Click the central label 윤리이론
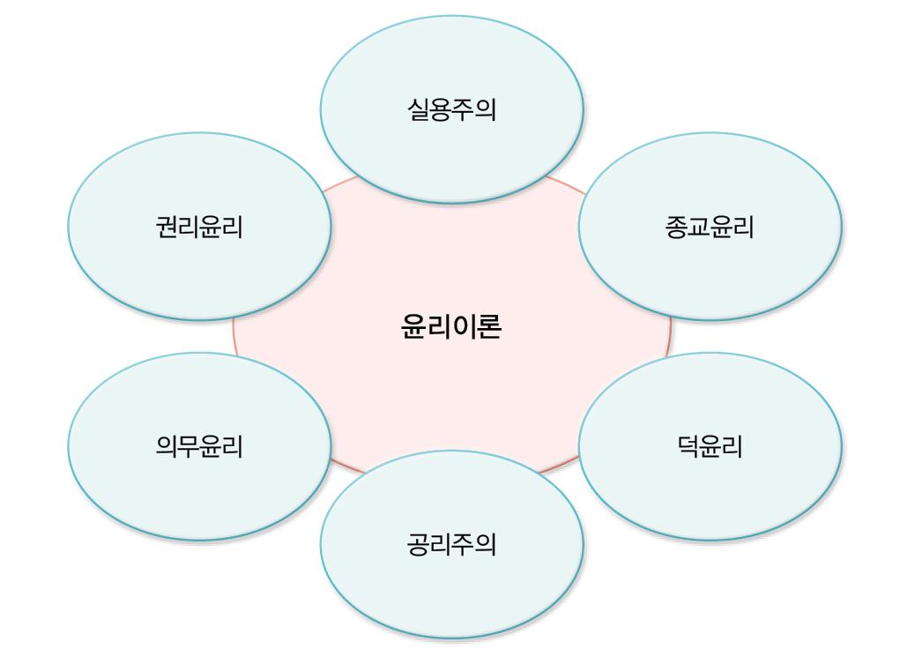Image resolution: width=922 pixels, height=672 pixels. tap(451, 326)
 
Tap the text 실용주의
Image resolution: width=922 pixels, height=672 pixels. tap(451, 109)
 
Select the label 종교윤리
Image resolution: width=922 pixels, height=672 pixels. tap(710, 227)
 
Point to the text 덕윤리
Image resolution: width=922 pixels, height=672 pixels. tap(710, 446)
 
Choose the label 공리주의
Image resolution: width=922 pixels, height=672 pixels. tap(451, 544)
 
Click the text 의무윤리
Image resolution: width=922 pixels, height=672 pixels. tap(199, 446)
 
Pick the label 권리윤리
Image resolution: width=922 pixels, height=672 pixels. tap(199, 227)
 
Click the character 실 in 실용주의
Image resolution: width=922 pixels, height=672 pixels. tap(418, 109)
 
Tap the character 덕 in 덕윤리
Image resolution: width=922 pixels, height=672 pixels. tap(688, 446)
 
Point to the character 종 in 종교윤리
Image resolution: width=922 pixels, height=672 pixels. tap(676, 227)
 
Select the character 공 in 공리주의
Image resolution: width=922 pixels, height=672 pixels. tap(418, 544)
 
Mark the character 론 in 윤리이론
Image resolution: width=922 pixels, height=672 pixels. tap(489, 326)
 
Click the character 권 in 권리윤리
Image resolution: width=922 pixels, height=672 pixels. tap(167, 227)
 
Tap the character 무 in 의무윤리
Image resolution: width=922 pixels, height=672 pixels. tap(188, 446)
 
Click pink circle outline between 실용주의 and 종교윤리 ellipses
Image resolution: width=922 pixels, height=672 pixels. tap(567, 184)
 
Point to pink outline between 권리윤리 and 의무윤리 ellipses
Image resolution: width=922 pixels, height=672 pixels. tap(234, 337)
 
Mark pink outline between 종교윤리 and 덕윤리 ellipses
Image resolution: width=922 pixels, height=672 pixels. tap(670, 337)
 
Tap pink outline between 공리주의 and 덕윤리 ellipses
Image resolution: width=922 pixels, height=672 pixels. tap(559, 465)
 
